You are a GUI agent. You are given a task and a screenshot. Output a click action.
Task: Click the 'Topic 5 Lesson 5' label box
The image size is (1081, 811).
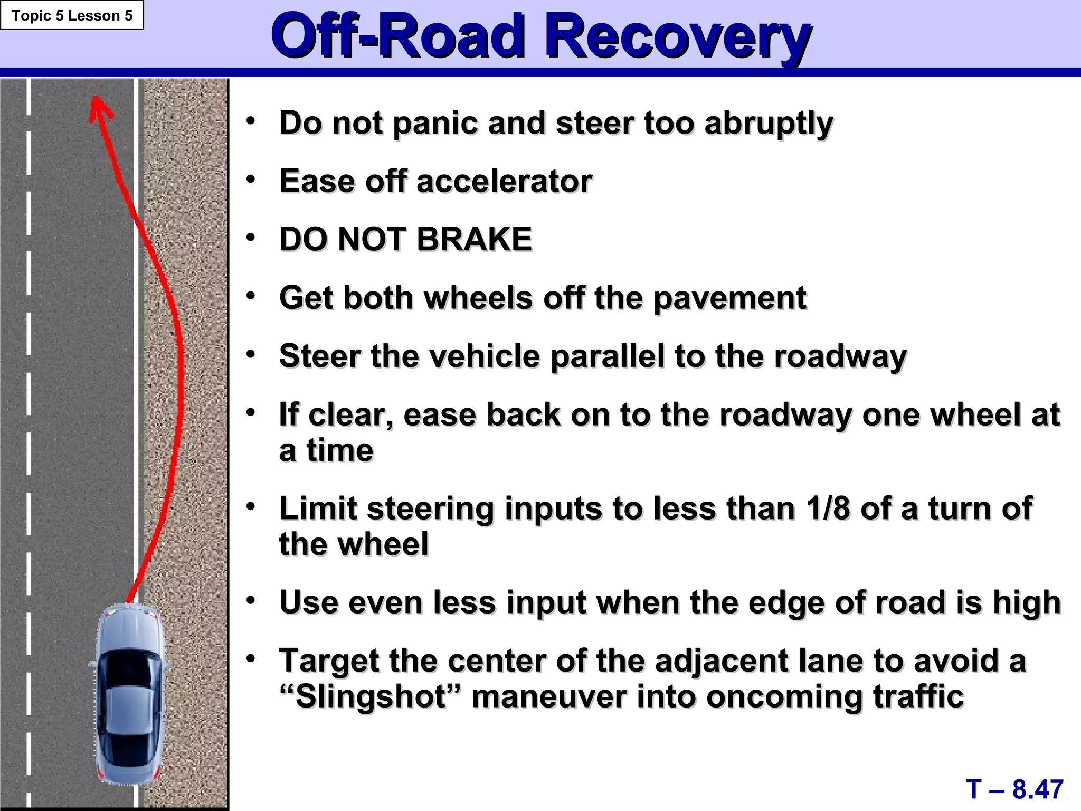click(x=72, y=15)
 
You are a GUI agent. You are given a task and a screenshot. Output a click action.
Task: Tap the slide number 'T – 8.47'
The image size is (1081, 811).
click(x=1014, y=789)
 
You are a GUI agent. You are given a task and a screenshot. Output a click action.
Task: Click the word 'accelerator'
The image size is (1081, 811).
click(x=504, y=181)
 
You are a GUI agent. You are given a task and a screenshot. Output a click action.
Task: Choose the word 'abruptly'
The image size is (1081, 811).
click(x=769, y=123)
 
